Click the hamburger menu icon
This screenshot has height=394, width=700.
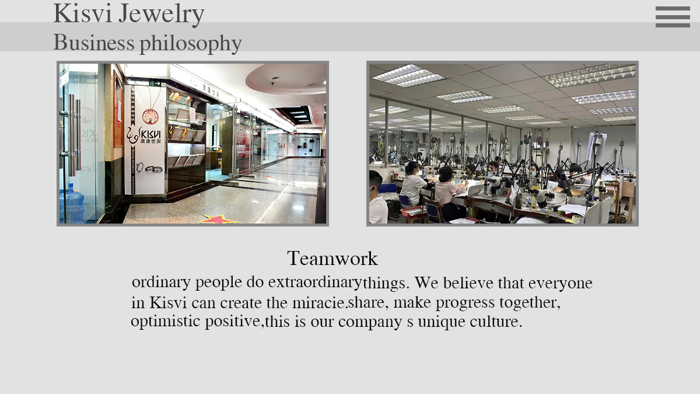point(673,17)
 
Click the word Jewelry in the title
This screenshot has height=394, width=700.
point(161,15)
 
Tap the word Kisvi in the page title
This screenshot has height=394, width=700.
point(82,13)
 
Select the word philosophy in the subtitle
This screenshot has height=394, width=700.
point(191,44)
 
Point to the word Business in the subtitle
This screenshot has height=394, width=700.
point(94,42)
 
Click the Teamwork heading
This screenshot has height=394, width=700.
point(332,258)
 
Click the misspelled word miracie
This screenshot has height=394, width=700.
point(318,303)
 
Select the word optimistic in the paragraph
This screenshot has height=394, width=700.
point(165,322)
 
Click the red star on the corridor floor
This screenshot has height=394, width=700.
point(219,219)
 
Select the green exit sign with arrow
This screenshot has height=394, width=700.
point(155,83)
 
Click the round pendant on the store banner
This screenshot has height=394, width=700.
point(150,116)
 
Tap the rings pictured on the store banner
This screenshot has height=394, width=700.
point(149,168)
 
